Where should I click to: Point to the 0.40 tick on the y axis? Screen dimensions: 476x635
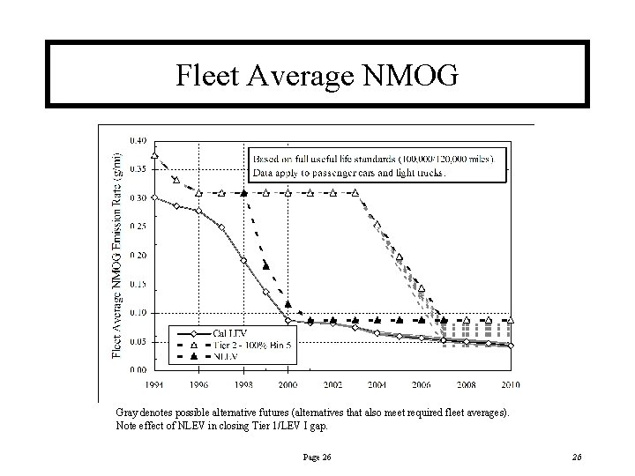tap(138, 140)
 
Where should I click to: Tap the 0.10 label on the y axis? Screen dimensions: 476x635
tap(138, 312)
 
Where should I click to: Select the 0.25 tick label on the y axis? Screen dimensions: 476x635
tap(138, 226)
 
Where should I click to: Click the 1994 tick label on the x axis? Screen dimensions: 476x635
tap(154, 385)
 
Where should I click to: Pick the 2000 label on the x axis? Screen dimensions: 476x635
tap(288, 385)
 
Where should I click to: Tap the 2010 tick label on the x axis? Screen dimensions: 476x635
tap(511, 385)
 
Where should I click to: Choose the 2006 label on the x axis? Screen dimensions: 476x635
tap(422, 385)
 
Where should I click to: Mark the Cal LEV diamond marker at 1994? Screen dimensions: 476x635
tap(154, 197)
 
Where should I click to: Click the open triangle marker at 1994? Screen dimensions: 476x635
tap(154, 156)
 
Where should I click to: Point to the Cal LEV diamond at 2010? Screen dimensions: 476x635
tap(511, 346)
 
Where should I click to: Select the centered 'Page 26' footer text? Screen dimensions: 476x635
tap(317, 456)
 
